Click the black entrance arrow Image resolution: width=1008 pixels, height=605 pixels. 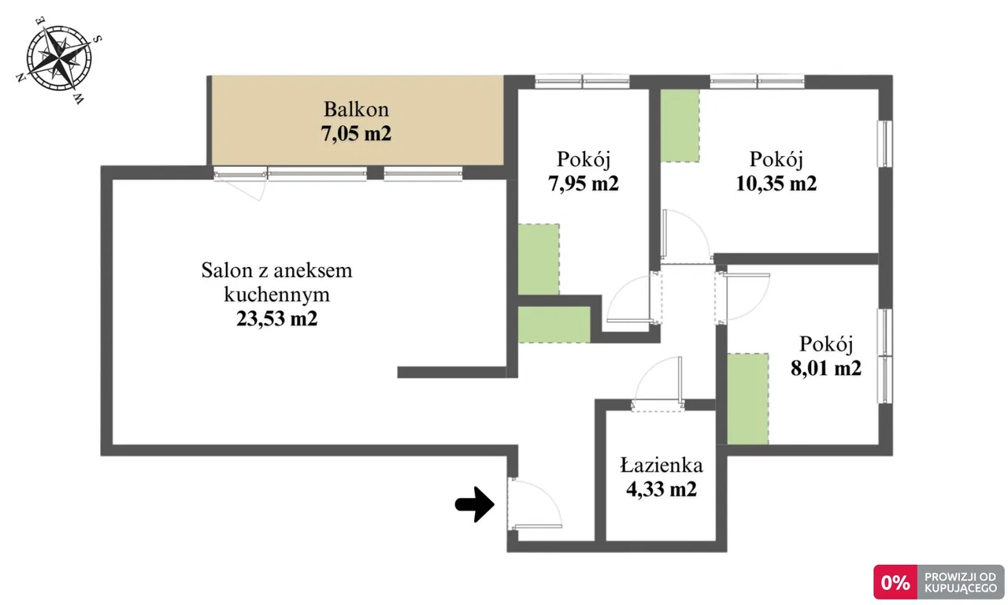tap(475, 504)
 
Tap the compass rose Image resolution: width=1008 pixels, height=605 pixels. tap(59, 59)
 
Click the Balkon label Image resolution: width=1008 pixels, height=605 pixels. tap(356, 109)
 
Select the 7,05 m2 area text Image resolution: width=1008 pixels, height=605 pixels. tap(356, 133)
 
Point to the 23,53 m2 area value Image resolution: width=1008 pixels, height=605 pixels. tap(276, 318)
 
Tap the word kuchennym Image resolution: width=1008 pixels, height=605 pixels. tap(276, 295)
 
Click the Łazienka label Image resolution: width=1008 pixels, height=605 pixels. tap(661, 465)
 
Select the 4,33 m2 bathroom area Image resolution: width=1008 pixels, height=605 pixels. tap(661, 489)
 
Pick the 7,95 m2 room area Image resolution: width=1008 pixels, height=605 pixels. tap(584, 184)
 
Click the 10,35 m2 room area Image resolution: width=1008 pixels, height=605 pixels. tap(776, 184)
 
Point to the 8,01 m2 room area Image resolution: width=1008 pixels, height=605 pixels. tap(826, 368)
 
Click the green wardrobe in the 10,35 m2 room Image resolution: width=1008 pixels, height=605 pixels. tap(680, 125)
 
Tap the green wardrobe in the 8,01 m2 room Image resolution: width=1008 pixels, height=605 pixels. tap(748, 399)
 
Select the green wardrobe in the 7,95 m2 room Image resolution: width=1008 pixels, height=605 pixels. tap(539, 259)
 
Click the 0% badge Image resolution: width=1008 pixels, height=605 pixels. tap(895, 582)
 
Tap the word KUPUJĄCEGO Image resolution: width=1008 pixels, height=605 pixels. tap(960, 588)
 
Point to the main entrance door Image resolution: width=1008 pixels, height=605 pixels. tap(535, 505)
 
